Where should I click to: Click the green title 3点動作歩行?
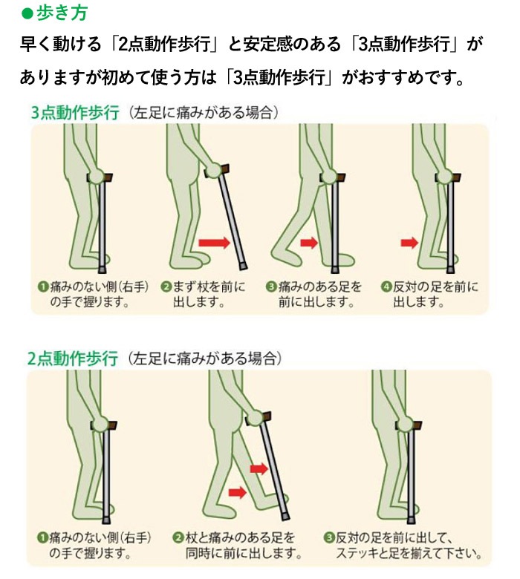74,114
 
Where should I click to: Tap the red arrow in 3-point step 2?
214,243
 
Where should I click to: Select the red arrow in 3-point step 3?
308,243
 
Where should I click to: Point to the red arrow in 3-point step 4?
409,243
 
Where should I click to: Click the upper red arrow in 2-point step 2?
259,468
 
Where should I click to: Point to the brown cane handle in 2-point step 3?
417,424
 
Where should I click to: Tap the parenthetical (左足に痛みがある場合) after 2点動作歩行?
204,359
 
